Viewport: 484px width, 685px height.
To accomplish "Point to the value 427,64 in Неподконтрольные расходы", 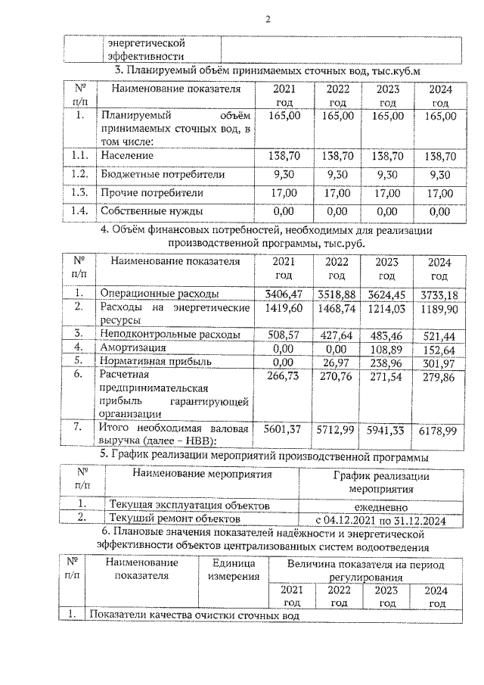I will tap(337, 333).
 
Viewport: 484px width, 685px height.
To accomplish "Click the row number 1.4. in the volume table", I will tap(76, 211).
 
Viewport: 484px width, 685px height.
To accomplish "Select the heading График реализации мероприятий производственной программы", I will tap(265, 456).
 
